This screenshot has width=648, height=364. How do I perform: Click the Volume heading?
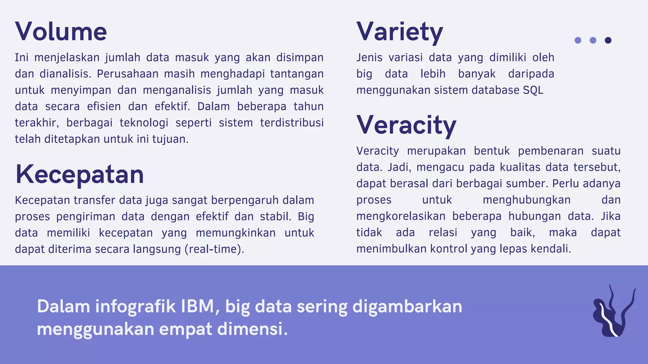(x=61, y=32)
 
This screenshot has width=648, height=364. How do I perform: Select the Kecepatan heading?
(x=79, y=174)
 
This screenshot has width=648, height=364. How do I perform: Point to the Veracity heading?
(x=406, y=125)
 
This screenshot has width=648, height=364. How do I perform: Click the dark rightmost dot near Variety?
(x=608, y=40)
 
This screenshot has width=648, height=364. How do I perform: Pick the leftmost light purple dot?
(x=578, y=40)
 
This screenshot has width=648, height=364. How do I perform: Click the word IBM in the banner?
(x=198, y=306)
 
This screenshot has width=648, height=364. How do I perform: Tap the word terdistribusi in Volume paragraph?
(x=292, y=123)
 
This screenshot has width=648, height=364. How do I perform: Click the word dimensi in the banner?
(x=252, y=329)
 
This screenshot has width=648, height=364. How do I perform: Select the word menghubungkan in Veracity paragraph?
(x=526, y=200)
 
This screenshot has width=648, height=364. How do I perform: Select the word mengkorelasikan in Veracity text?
(x=401, y=216)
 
